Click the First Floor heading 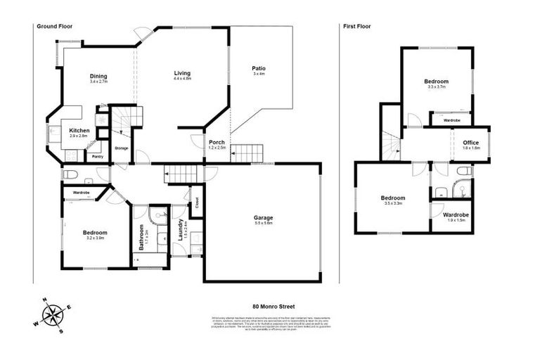tap(356, 27)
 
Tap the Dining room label tap(98, 76)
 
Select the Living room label tap(182, 73)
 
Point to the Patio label tap(259, 68)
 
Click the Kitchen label tap(79, 130)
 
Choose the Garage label tap(264, 217)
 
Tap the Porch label tap(217, 142)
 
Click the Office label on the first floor tap(470, 143)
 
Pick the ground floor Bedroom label tap(95, 233)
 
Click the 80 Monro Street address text tap(274, 307)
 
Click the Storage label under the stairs tap(122, 148)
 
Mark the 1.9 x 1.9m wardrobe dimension tap(456, 220)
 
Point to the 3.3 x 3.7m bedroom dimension tap(436, 87)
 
